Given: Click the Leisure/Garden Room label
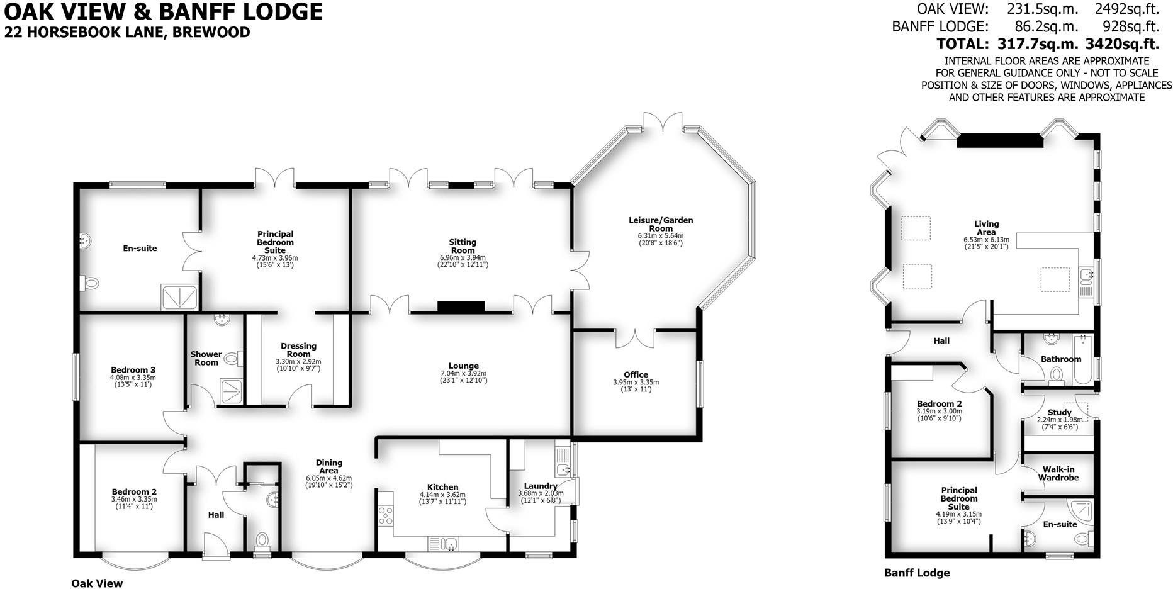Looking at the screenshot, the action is pos(661,224).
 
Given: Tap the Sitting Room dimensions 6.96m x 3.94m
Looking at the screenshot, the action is pos(463,258).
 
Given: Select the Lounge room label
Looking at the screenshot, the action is pos(463,366).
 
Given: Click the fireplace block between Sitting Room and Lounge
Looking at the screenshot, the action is pos(461,307).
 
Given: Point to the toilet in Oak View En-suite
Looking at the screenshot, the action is pos(89,284).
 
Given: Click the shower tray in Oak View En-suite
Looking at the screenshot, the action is pos(181,297).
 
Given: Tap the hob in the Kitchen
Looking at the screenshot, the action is pos(386,516).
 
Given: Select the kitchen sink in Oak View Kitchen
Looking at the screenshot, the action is pos(443,544).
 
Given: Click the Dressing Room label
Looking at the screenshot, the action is pos(298,350).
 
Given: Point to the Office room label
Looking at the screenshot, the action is pos(636,374).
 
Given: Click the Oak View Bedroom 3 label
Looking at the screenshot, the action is pos(133,370).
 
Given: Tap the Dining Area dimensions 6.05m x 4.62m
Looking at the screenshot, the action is pos(328,478).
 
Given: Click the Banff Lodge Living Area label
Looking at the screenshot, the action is pos(986,228).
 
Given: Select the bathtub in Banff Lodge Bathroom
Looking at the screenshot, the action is pos(1083,359).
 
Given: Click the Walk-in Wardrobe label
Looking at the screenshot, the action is pos(1058,473).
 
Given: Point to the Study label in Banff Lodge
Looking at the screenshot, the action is pos(1060,413).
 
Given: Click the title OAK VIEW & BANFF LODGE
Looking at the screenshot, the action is pos(164,11).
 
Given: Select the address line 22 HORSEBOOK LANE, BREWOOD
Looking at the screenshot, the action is pos(127,32).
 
